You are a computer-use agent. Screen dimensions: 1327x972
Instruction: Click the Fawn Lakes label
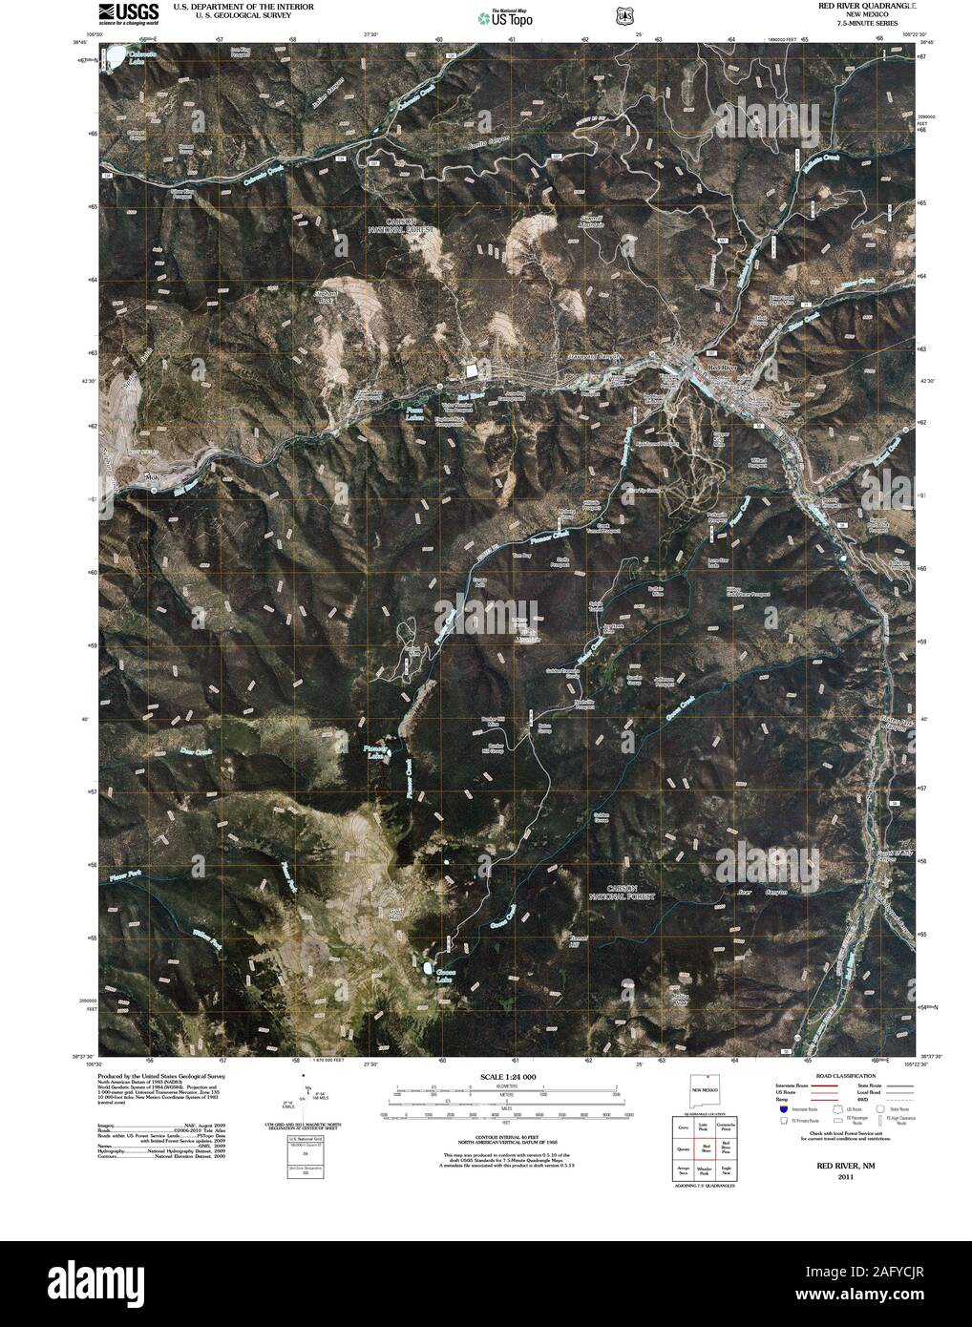[410, 412]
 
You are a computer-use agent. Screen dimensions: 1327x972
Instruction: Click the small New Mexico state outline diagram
[708, 1091]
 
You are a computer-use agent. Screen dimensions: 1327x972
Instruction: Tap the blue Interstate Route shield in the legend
[784, 1109]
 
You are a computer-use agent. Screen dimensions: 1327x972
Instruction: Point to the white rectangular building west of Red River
[474, 370]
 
